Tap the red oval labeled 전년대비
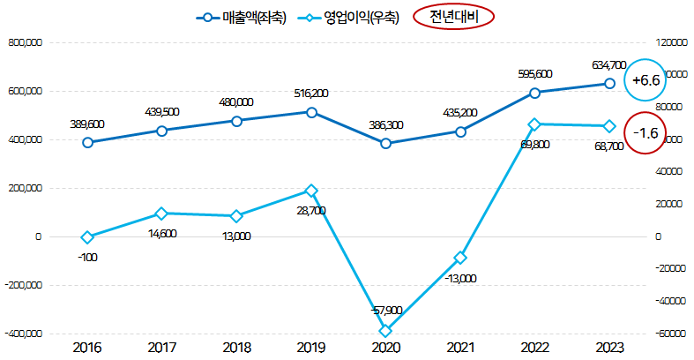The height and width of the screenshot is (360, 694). tap(452, 17)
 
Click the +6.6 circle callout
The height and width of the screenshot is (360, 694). tap(646, 80)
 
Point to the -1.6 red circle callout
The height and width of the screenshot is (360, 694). tap(646, 133)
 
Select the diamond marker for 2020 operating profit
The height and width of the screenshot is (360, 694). tap(385, 331)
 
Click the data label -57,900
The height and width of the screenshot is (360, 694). tap(385, 311)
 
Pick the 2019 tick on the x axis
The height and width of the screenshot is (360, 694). tap(311, 348)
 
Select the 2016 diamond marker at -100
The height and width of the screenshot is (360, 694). tap(87, 237)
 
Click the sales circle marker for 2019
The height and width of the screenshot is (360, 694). tap(311, 112)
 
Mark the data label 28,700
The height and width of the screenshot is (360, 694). tap(311, 211)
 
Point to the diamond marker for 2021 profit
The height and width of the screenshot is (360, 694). tap(460, 258)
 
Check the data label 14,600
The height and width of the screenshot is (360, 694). tap(161, 233)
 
